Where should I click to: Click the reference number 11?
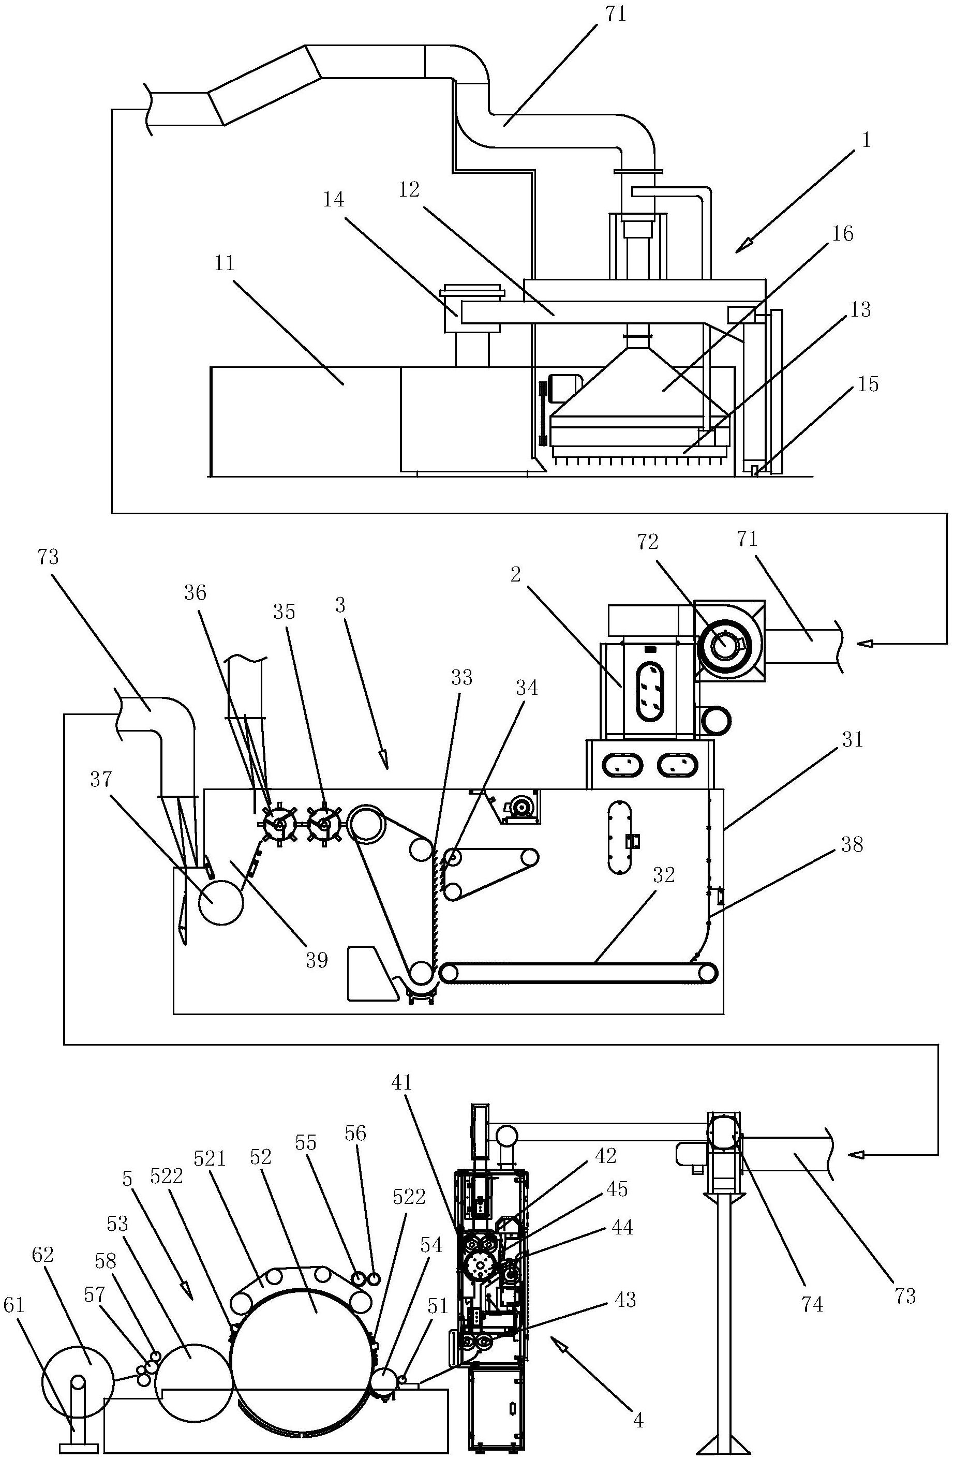(x=225, y=263)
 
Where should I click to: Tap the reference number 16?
(x=844, y=234)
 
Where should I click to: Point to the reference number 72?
(x=648, y=542)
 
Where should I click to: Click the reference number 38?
(x=852, y=845)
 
